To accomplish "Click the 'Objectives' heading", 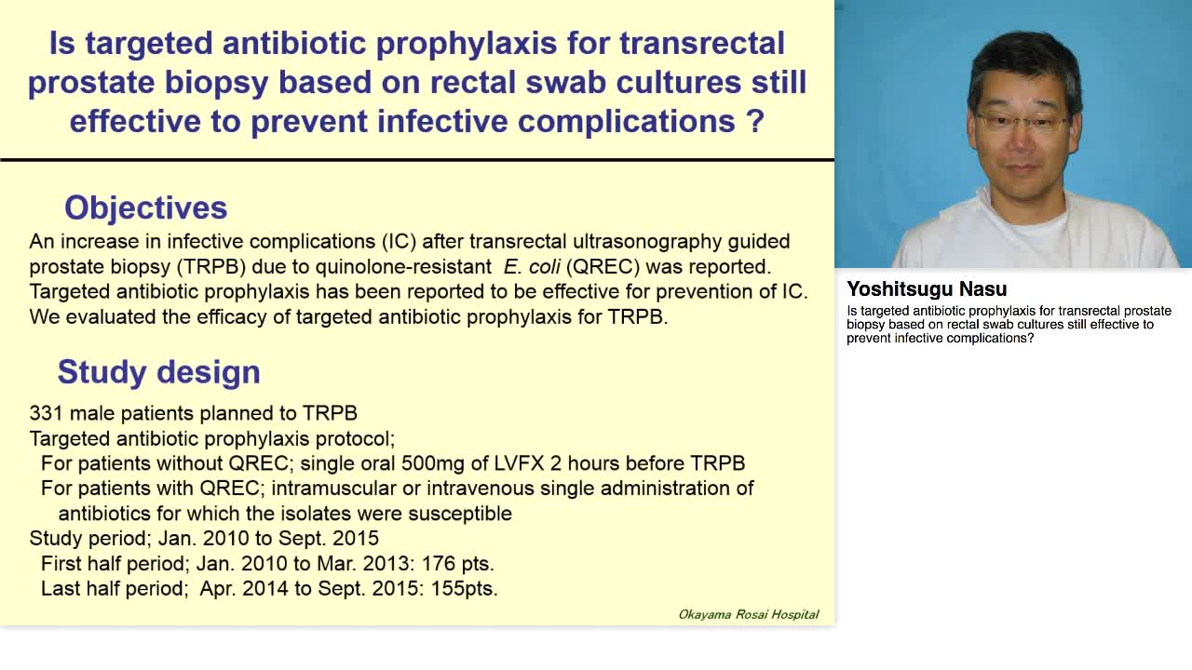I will pyautogui.click(x=145, y=208).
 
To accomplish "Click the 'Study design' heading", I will pyautogui.click(x=158, y=372).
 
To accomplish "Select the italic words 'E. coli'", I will pyautogui.click(x=532, y=267).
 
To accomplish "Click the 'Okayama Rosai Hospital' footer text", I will pyautogui.click(x=748, y=614).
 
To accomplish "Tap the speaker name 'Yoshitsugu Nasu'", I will pyautogui.click(x=927, y=289).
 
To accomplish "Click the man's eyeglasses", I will pyautogui.click(x=1023, y=122).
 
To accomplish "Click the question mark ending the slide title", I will pyautogui.click(x=755, y=122).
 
